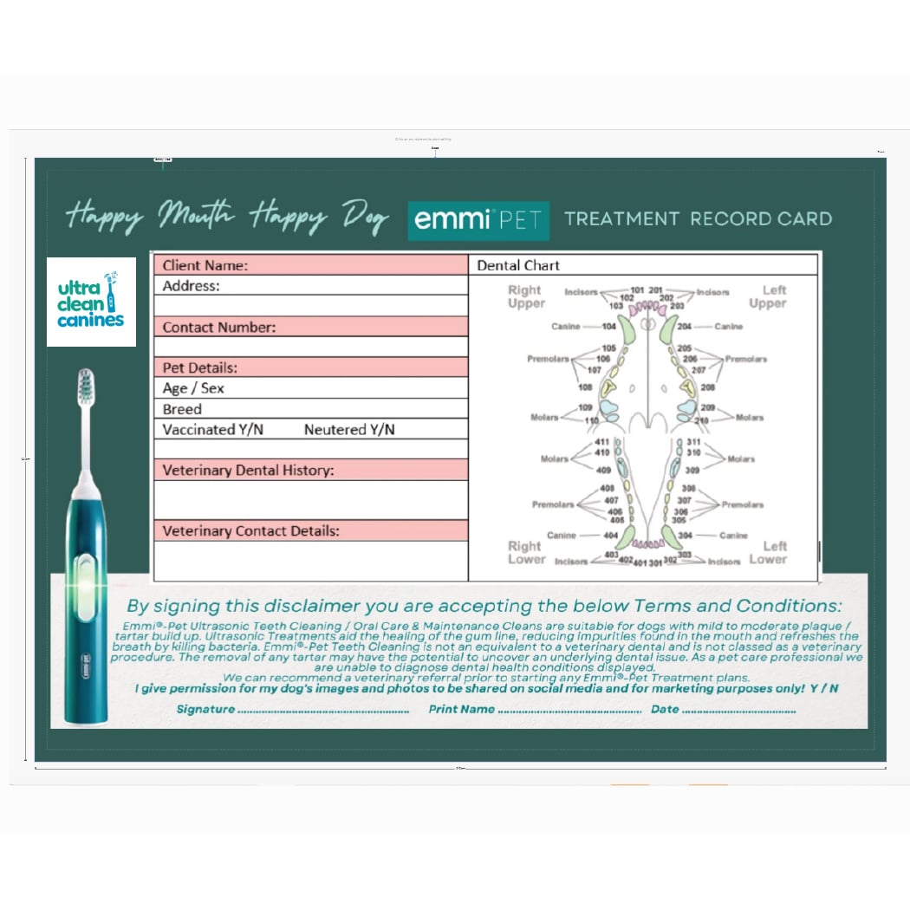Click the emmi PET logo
pos(478,220)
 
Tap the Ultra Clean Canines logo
pos(91,302)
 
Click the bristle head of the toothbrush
pos(86,387)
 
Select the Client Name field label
pos(205,265)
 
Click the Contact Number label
pos(218,327)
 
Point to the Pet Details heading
pos(199,367)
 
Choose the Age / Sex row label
pos(193,388)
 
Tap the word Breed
pos(182,409)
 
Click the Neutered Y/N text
pos(349,430)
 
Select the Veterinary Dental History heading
pos(248,471)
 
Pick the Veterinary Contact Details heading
pos(250,530)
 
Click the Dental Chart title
pos(518,265)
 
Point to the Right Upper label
pos(525,296)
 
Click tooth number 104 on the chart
pos(609,327)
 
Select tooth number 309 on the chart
pos(693,470)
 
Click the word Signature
pos(205,709)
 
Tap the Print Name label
pos(461,709)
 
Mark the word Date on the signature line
pos(665,709)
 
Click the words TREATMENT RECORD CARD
pos(698,218)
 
